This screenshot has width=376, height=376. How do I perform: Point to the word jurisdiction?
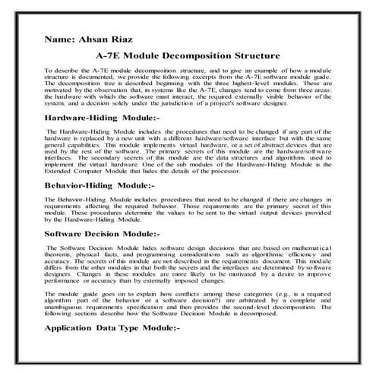(223, 106)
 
